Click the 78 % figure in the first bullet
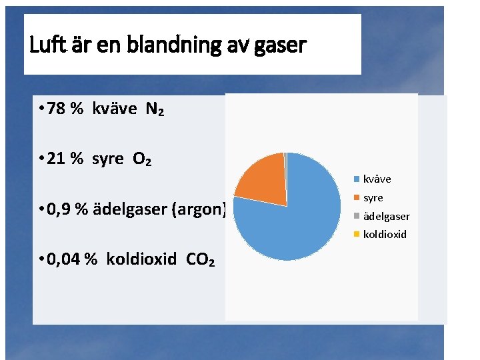65,109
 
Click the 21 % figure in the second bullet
65,159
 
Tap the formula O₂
141,159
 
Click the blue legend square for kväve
357,179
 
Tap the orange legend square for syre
357,197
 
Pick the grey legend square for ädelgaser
357,216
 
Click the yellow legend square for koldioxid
357,234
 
